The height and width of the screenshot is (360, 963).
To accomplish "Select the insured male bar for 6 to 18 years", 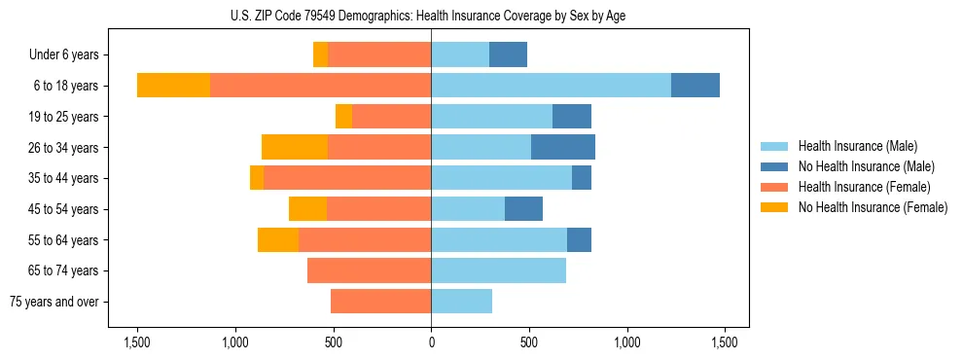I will pyautogui.click(x=551, y=86).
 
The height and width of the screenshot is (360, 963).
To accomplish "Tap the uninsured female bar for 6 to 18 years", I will pyautogui.click(x=173, y=86).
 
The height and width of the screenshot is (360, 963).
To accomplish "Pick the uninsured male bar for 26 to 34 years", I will pyautogui.click(x=563, y=147).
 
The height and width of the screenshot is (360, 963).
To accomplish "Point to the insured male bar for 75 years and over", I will pyautogui.click(x=462, y=302).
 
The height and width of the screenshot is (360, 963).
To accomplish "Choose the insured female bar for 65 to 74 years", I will pyautogui.click(x=370, y=270).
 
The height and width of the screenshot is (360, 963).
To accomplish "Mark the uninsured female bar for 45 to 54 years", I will pyautogui.click(x=307, y=209).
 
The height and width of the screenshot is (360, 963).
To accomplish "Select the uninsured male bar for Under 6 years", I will pyautogui.click(x=508, y=54).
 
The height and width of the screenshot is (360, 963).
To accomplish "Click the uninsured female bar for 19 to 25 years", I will pyautogui.click(x=343, y=117).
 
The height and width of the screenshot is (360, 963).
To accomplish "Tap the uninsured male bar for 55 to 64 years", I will pyautogui.click(x=579, y=239).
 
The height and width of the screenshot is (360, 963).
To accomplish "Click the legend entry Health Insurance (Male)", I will pyautogui.click(x=857, y=146).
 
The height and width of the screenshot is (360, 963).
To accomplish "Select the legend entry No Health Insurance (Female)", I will pyautogui.click(x=873, y=207).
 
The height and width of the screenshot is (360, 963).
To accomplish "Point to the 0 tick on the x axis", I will pyautogui.click(x=431, y=342).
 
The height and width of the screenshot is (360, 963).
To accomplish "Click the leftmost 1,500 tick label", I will pyautogui.click(x=136, y=342).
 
